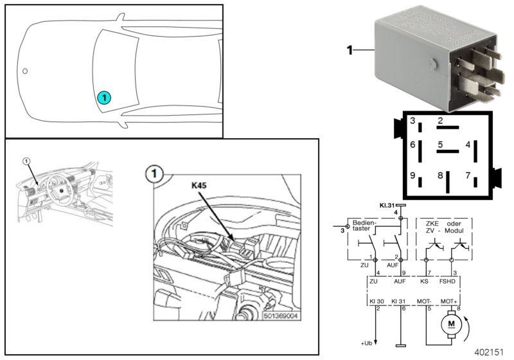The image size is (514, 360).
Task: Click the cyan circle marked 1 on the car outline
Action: click(x=104, y=97)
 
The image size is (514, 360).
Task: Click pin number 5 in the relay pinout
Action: click(x=441, y=145)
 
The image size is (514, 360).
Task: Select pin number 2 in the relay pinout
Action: click(x=440, y=121)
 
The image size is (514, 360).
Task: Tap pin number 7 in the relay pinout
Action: click(x=469, y=175)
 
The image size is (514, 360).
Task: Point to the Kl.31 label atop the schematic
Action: click(x=387, y=205)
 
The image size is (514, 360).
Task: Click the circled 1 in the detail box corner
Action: click(x=154, y=173)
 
